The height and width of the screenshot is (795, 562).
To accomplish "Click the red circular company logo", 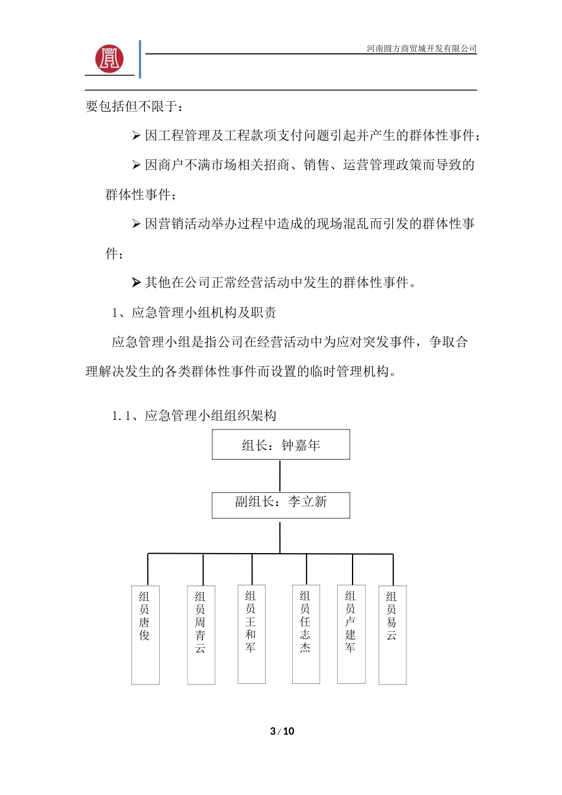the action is pos(109,58).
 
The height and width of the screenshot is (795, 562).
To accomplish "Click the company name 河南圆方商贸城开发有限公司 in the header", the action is pos(421,49).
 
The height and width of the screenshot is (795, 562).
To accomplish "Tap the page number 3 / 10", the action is pos(282,731).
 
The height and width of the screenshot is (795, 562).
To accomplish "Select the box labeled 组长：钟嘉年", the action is pos(281,445).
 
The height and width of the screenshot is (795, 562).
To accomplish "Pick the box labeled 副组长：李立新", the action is pos(281,505).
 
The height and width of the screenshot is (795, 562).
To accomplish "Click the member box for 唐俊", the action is pos(146,634).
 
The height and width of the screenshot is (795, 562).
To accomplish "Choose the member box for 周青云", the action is pos(201,634).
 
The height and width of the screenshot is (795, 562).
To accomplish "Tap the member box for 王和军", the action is pos(251,634).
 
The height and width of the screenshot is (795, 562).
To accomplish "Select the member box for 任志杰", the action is pos(306,634).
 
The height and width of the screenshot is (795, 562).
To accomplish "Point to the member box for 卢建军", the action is pos(351,634).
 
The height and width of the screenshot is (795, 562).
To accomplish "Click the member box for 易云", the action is pos(392,634).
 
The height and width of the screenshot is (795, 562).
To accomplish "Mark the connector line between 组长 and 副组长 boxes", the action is pos(280,476).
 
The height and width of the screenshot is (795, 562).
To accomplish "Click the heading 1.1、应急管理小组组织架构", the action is pos(194,415).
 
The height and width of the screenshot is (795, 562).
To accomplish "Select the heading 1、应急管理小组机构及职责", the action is pos(194,312).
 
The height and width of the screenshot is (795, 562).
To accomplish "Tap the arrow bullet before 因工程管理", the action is pos(136,136).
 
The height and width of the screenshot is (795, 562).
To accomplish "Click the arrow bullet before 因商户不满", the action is pos(136,165).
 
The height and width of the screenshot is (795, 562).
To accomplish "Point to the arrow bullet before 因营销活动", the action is pos(136,224).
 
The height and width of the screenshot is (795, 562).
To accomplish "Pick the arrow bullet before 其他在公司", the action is pos(136,283).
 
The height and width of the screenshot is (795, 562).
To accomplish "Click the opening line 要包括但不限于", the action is pos(134,106).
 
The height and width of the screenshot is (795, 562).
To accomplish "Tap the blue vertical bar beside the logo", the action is pos(140,59).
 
